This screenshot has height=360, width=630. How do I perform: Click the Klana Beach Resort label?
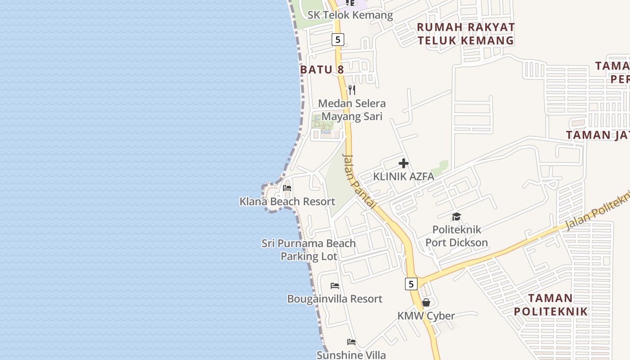(287, 201)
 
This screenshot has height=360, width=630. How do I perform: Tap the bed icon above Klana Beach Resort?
(287, 188)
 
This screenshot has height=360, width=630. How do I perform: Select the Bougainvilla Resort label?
(335, 299)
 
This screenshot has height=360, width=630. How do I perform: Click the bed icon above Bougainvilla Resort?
(335, 285)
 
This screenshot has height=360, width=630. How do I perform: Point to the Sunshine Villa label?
(351, 355)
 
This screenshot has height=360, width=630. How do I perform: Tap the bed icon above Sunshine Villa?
(351, 342)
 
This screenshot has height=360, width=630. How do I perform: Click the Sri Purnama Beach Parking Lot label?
(309, 250)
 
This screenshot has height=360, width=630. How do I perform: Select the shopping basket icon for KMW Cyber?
(426, 302)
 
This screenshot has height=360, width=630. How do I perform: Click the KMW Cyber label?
(426, 316)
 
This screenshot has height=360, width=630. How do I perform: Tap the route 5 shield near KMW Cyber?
(411, 284)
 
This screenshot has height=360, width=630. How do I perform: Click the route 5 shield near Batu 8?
(338, 40)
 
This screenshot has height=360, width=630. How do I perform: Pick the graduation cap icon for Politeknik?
(457, 217)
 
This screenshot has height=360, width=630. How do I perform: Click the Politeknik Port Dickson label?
(456, 236)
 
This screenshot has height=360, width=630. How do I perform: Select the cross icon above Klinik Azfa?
(404, 163)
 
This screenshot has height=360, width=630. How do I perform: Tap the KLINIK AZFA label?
(404, 176)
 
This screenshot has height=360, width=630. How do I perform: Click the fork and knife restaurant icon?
(352, 90)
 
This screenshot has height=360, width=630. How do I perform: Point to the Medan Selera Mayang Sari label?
(352, 110)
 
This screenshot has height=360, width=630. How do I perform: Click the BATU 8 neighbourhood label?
(322, 69)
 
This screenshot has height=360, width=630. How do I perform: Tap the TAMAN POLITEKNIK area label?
(551, 305)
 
